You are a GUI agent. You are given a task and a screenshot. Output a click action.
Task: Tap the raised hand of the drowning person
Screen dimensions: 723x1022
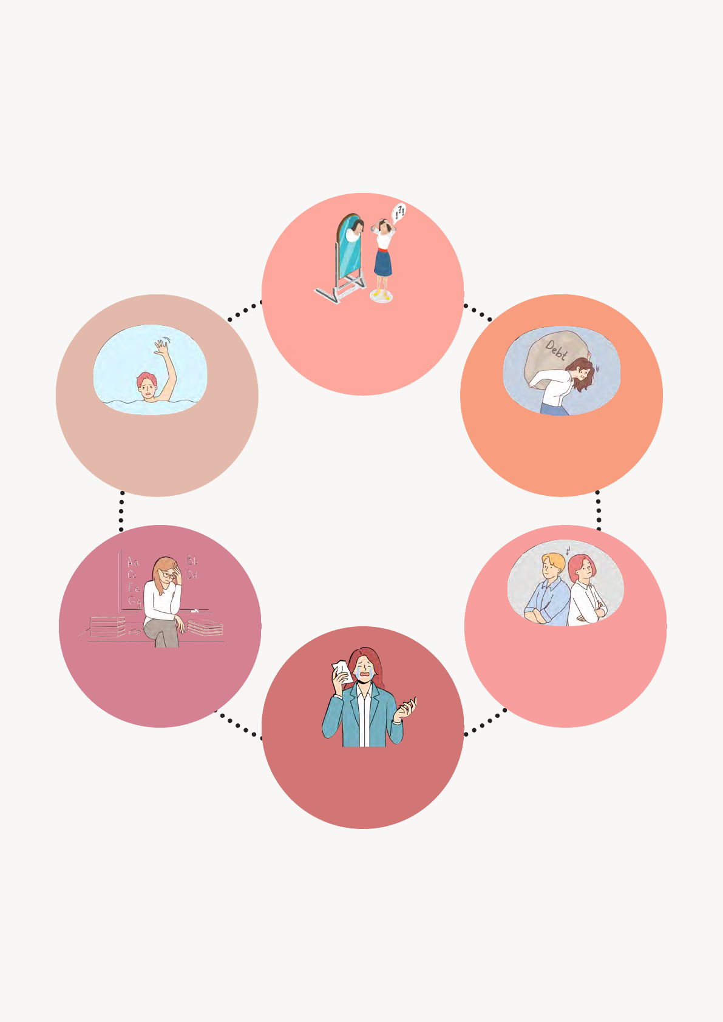pyautogui.click(x=161, y=348)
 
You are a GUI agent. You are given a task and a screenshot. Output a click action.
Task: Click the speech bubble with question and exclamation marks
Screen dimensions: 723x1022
pyautogui.click(x=399, y=212)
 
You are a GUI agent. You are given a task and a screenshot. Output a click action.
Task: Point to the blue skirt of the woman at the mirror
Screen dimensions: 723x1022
pyautogui.click(x=382, y=262)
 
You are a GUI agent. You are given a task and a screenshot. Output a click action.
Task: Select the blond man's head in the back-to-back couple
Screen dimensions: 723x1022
pyautogui.click(x=552, y=566)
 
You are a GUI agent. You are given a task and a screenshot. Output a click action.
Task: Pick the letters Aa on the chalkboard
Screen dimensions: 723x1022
pyautogui.click(x=133, y=562)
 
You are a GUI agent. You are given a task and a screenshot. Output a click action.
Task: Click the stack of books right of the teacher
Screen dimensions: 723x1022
pyautogui.click(x=205, y=628)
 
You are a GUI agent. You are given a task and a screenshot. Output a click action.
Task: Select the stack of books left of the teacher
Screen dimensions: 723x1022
pyautogui.click(x=107, y=626)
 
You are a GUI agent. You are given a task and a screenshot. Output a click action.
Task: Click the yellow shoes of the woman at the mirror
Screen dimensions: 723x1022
pyautogui.click(x=381, y=295)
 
